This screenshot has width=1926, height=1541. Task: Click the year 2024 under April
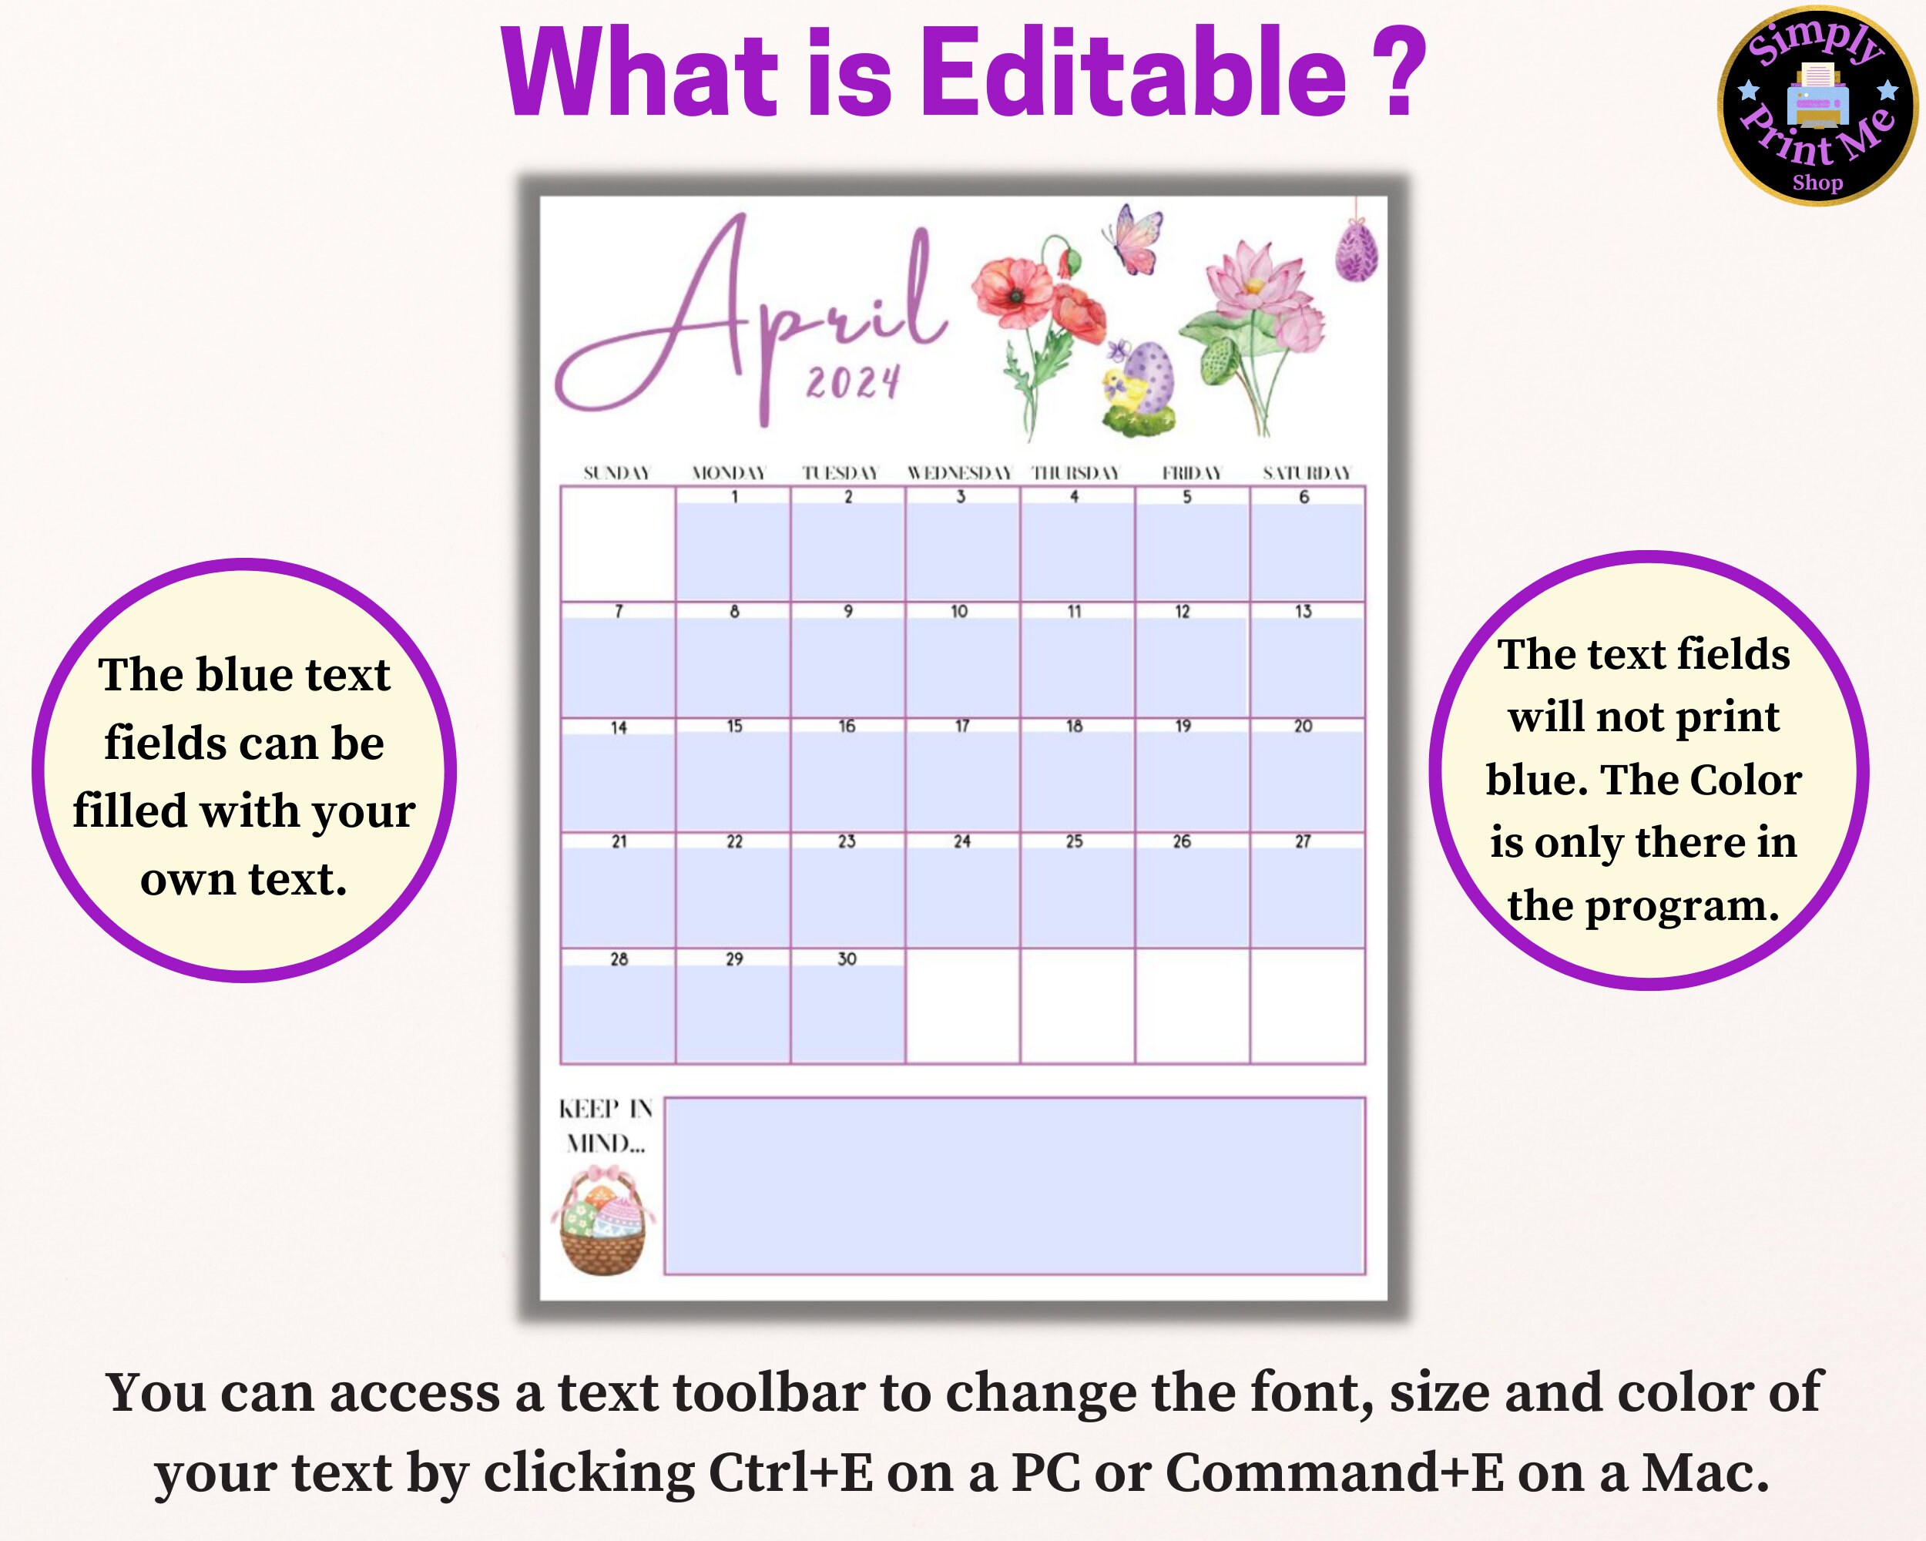852,383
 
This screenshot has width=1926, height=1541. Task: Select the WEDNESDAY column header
959,472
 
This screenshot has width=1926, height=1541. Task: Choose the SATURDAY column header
1307,472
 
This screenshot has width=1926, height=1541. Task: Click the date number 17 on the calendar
962,727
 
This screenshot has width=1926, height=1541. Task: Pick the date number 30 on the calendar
847,959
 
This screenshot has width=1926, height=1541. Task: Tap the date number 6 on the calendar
1304,497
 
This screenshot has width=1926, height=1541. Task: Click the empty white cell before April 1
617,544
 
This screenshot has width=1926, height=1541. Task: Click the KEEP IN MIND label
606,1126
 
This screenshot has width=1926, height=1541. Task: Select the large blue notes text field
1014,1186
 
